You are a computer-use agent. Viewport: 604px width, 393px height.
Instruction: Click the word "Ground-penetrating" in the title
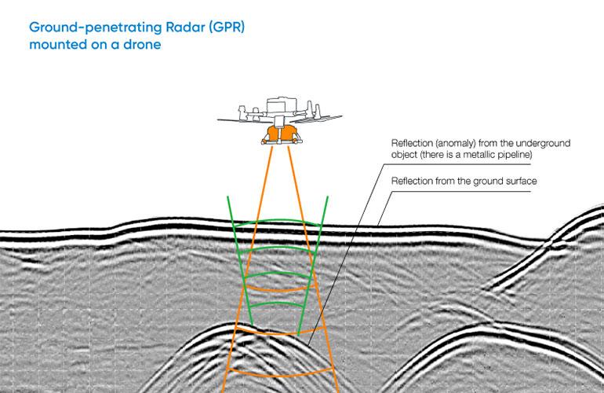point(96,28)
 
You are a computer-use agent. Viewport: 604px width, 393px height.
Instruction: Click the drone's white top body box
point(282,105)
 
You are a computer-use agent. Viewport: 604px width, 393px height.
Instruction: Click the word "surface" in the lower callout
point(521,181)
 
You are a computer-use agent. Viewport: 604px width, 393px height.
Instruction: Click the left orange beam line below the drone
point(247,270)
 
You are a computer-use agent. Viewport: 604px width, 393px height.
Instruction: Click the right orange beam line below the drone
point(313,270)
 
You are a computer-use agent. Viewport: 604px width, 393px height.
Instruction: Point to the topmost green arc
point(278,221)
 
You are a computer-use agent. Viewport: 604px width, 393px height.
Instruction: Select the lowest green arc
point(275,303)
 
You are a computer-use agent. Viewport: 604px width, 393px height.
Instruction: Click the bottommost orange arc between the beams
point(280,375)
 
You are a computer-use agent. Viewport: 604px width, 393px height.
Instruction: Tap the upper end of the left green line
point(227,196)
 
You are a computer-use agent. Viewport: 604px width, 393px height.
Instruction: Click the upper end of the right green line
point(327,196)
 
